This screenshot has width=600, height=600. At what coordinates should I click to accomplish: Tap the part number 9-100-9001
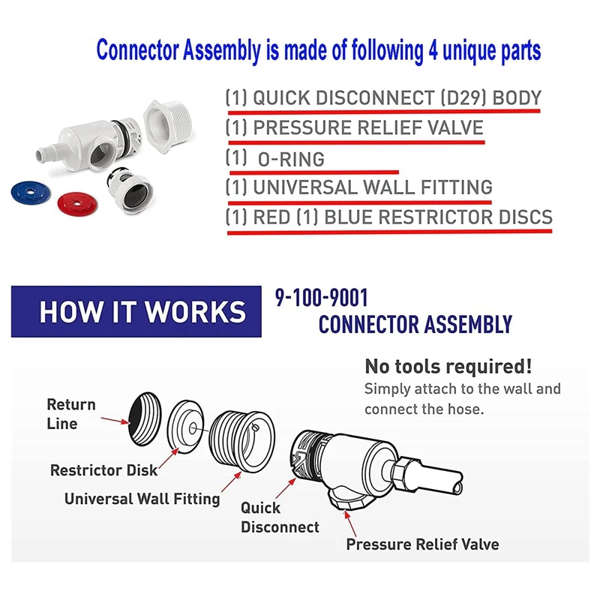tap(322, 298)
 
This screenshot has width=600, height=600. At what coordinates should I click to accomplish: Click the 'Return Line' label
tap(71, 414)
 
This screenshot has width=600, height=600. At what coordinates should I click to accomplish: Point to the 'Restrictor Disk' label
tap(103, 470)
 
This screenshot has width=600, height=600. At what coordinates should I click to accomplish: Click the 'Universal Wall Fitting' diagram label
tap(142, 499)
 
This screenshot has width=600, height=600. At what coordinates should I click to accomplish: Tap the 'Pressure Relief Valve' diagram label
tap(422, 544)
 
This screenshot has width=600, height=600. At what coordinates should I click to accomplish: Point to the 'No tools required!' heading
tap(448, 367)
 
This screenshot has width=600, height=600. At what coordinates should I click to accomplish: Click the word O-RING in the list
tap(291, 159)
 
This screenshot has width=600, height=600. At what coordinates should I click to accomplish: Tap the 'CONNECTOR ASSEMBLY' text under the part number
tap(415, 325)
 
